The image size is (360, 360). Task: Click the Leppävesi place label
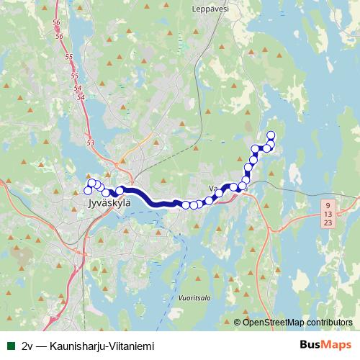click(210, 9)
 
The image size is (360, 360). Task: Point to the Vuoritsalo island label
click(193, 295)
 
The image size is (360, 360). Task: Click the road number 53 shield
click(90, 143)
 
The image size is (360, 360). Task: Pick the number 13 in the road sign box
click(328, 215)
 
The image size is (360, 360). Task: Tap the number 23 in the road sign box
click(328, 224)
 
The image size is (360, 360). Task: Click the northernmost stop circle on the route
click(271, 135)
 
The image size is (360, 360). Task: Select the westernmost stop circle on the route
click(88, 191)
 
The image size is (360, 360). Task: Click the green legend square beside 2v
click(9, 346)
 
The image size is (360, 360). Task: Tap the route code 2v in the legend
click(28, 346)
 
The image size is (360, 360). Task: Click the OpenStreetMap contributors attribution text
click(297, 323)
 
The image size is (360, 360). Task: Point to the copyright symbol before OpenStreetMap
click(237, 323)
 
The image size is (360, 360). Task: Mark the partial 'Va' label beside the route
click(212, 189)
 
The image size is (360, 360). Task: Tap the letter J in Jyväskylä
click(89, 204)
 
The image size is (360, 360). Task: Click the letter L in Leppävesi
click(195, 9)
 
